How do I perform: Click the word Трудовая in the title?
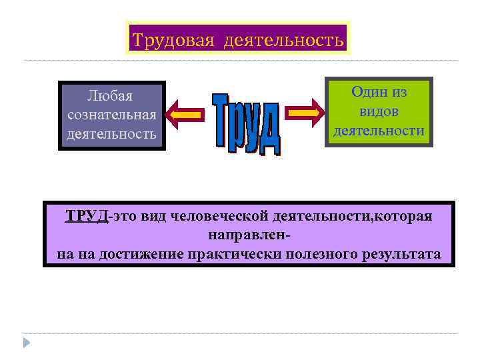click(x=173, y=41)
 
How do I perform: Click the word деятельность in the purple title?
click(x=284, y=41)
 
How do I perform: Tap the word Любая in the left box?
click(x=111, y=96)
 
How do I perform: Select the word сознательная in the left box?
click(x=112, y=115)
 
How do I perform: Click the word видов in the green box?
click(x=379, y=111)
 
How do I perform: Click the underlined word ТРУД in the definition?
click(x=86, y=216)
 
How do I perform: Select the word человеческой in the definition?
click(x=220, y=216)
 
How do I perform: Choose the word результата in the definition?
click(x=401, y=254)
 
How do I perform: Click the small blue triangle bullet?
click(x=27, y=343)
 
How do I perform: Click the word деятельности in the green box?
click(x=379, y=131)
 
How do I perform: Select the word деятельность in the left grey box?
click(x=111, y=134)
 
